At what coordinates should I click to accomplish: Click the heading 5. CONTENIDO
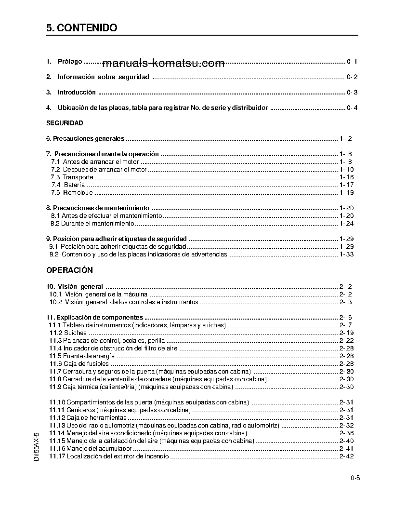[x=82, y=28]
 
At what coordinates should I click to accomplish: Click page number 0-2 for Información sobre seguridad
[x=352, y=77]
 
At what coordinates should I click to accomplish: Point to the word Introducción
[x=77, y=92]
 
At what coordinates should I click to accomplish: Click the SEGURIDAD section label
[x=65, y=123]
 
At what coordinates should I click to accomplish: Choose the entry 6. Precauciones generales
[x=85, y=139]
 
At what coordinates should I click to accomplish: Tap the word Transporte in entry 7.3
[x=78, y=177]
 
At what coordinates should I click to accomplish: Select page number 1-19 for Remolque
[x=347, y=193]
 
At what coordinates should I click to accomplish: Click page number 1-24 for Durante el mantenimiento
[x=347, y=224]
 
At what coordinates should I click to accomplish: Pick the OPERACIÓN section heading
[x=70, y=270]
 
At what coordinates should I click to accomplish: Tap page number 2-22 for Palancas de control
[x=347, y=340]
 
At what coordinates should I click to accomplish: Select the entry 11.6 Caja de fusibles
[x=79, y=363]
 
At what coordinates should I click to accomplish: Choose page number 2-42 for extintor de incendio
[x=347, y=456]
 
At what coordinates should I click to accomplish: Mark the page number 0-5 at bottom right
[x=356, y=478]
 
